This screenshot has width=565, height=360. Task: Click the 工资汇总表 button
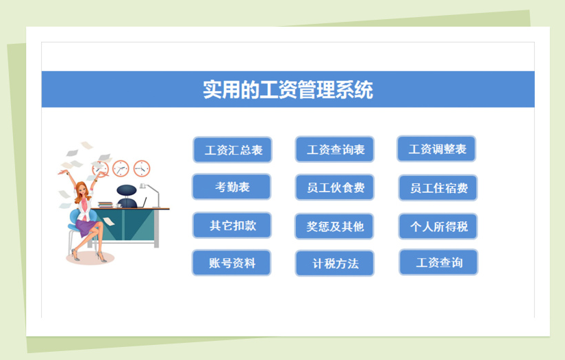click(232, 150)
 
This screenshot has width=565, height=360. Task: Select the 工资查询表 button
click(335, 149)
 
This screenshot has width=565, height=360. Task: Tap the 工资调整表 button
click(436, 149)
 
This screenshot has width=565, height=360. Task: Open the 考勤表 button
click(231, 187)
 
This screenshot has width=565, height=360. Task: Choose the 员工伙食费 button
click(335, 188)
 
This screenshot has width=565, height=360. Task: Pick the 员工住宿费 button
click(438, 188)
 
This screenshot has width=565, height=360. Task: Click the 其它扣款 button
click(232, 225)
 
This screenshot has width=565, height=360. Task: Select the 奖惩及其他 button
click(334, 227)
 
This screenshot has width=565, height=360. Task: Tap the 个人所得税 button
click(438, 227)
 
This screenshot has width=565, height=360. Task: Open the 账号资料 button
click(231, 263)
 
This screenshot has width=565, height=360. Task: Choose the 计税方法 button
click(335, 263)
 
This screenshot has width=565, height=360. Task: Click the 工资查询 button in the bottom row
click(438, 262)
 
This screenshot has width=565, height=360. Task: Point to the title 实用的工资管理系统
click(288, 89)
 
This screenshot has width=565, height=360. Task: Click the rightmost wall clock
click(142, 168)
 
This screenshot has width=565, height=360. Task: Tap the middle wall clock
click(121, 168)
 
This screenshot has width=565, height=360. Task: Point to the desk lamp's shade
click(142, 185)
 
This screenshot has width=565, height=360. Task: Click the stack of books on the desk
click(105, 205)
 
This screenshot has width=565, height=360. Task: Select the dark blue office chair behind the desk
click(127, 196)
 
